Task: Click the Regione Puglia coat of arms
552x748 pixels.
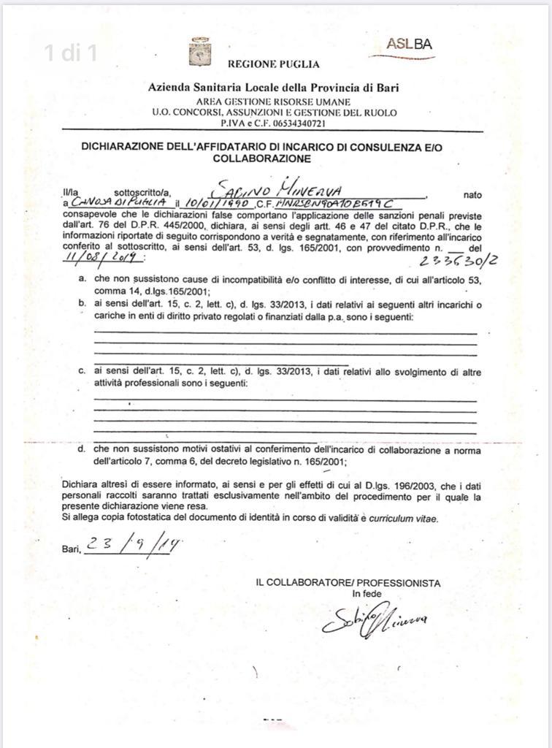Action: pyautogui.click(x=199, y=52)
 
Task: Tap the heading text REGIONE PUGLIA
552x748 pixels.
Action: pyautogui.click(x=274, y=64)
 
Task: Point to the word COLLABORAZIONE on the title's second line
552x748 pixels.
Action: pyautogui.click(x=261, y=158)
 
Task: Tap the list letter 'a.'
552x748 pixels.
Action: pyautogui.click(x=83, y=279)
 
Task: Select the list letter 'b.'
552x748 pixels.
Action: pyautogui.click(x=83, y=303)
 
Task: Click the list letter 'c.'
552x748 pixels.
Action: pyautogui.click(x=83, y=372)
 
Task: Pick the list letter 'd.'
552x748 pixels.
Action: pyautogui.click(x=83, y=449)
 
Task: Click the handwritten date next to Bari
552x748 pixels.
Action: pyautogui.click(x=134, y=545)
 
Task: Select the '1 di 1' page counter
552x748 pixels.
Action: pyautogui.click(x=70, y=53)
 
